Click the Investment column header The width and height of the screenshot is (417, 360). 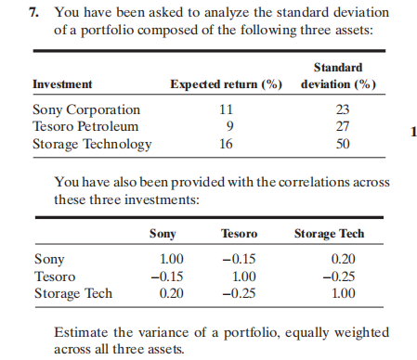click(x=62, y=84)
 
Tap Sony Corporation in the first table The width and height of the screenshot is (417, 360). click(x=86, y=109)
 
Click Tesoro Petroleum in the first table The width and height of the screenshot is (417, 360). click(x=85, y=125)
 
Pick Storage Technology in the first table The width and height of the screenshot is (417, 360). click(x=92, y=144)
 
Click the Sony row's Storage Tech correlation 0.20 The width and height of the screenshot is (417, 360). click(x=343, y=260)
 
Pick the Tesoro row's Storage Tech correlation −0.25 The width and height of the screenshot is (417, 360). click(x=341, y=276)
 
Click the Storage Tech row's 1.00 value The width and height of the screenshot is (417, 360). click(x=343, y=293)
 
